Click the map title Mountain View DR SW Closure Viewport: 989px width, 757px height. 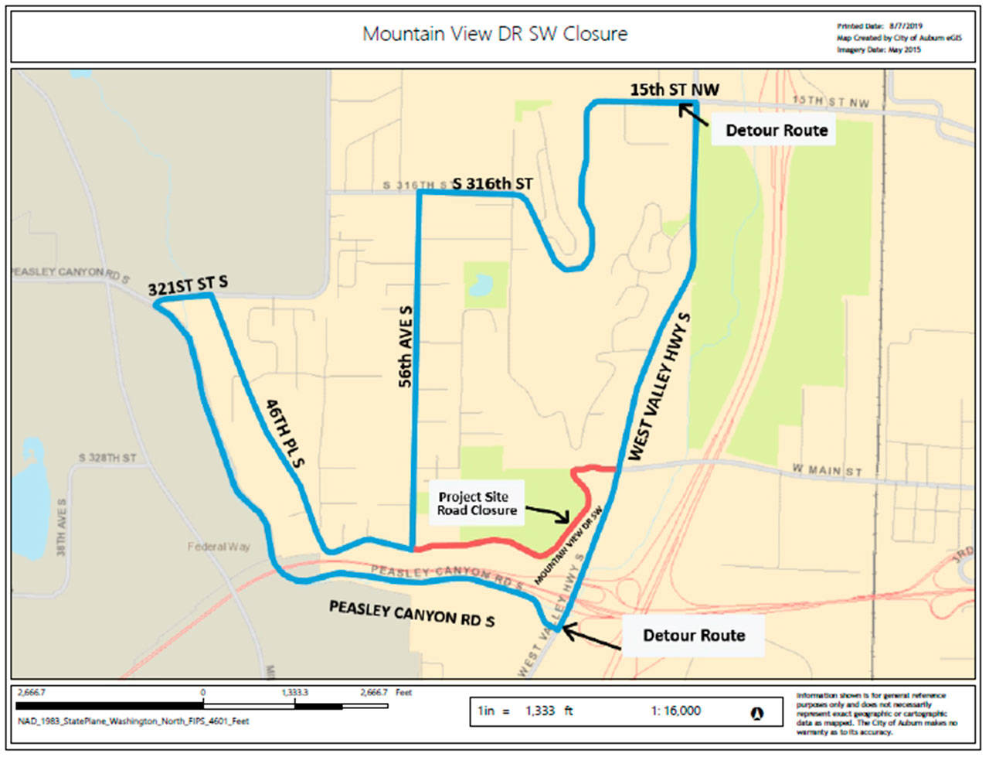(x=494, y=34)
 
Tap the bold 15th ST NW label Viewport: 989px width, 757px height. (x=674, y=90)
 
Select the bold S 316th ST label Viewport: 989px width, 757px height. (x=493, y=184)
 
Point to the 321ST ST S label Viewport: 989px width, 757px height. (x=188, y=285)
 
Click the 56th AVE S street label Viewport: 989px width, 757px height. (x=406, y=346)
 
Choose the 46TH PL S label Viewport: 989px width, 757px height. (x=285, y=433)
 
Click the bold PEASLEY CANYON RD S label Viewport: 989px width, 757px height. (x=412, y=613)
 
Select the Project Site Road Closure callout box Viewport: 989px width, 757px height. (x=477, y=503)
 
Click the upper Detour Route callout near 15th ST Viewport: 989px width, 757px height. (x=777, y=131)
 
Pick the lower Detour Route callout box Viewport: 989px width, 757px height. (x=694, y=636)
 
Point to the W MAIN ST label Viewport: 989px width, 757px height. (x=827, y=470)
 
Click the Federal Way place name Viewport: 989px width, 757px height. (x=219, y=547)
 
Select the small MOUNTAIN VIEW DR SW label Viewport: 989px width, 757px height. (x=568, y=546)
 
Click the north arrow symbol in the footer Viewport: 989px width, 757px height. (x=756, y=713)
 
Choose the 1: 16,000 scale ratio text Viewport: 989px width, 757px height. (x=675, y=711)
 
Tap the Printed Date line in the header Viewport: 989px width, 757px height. (x=879, y=26)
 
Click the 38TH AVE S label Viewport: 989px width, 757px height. (x=62, y=527)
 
